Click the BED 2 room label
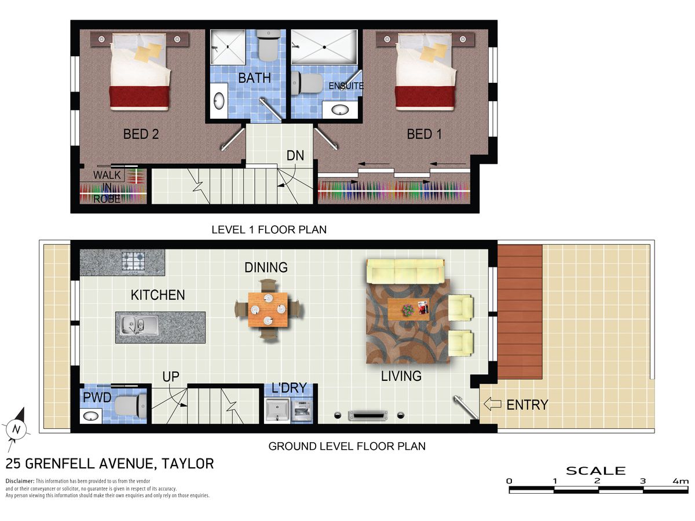[141, 134]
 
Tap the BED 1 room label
[424, 134]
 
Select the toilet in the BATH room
[269, 46]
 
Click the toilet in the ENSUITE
[306, 83]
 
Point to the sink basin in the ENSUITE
[340, 110]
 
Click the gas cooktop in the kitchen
[133, 261]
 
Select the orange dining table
[268, 310]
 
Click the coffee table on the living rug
[408, 309]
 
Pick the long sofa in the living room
[405, 271]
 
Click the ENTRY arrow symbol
[492, 404]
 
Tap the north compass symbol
[16, 430]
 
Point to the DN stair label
[295, 156]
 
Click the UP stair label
[171, 377]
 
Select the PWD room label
[97, 398]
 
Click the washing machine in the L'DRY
[302, 410]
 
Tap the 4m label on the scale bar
[681, 481]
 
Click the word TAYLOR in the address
[188, 464]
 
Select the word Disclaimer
[20, 481]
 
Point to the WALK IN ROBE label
[107, 186]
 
